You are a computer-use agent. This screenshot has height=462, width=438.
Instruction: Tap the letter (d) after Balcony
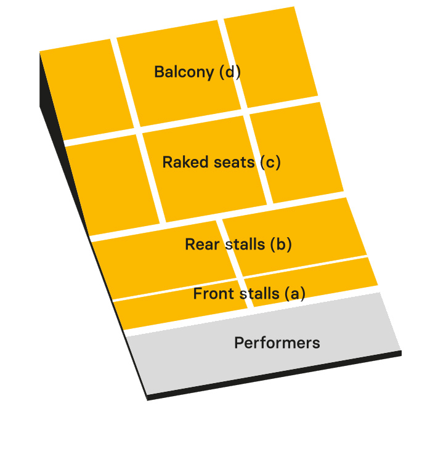click(230, 72)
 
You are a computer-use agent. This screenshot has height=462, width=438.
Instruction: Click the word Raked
click(182, 162)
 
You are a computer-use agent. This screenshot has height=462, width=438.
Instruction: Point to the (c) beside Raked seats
click(270, 162)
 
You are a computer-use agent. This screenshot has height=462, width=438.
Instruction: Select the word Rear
click(202, 244)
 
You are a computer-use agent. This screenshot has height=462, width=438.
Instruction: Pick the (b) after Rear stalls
click(280, 244)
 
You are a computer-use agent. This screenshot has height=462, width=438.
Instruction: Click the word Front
click(213, 294)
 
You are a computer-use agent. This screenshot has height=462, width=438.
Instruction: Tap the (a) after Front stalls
click(294, 294)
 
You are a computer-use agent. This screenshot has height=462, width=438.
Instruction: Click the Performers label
click(277, 343)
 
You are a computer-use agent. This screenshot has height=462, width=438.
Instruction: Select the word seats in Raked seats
click(233, 162)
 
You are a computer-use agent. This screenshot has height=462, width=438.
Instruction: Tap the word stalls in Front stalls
click(259, 294)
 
